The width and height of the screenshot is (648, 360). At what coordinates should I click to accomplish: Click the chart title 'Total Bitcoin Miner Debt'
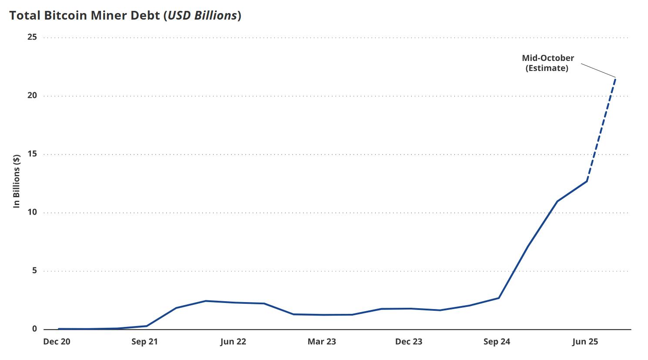(84, 16)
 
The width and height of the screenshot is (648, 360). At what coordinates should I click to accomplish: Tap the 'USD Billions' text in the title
(202, 16)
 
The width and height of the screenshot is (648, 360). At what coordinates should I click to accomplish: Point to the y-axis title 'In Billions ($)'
(17, 181)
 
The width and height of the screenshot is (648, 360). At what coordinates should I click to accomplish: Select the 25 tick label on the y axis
(32, 37)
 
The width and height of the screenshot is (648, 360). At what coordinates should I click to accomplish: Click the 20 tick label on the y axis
(32, 95)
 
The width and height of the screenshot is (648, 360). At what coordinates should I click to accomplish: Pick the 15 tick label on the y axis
(32, 154)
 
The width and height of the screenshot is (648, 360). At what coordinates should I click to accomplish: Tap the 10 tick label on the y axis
(32, 212)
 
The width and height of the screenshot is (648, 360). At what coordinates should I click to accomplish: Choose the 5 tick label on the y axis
(34, 271)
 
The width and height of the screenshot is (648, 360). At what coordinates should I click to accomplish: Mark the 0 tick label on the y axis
(34, 329)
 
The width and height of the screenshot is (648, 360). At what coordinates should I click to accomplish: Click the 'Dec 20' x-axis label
(57, 342)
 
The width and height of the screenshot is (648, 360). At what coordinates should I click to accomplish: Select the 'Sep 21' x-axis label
(144, 342)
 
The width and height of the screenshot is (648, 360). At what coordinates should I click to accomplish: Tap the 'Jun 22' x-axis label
(233, 342)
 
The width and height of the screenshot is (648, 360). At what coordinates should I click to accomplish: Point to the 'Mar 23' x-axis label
(322, 342)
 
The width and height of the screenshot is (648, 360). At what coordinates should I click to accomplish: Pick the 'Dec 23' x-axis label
(409, 342)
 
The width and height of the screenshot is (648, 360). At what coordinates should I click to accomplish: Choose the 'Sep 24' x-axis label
(497, 342)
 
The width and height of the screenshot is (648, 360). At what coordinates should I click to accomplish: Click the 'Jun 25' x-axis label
(585, 342)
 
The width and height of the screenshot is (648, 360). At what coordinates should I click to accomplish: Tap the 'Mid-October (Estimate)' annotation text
(547, 63)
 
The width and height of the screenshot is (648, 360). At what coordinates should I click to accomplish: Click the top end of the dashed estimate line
(615, 78)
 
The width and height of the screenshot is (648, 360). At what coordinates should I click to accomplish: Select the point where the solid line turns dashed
(587, 181)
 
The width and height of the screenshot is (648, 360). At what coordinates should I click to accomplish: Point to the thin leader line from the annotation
(598, 71)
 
